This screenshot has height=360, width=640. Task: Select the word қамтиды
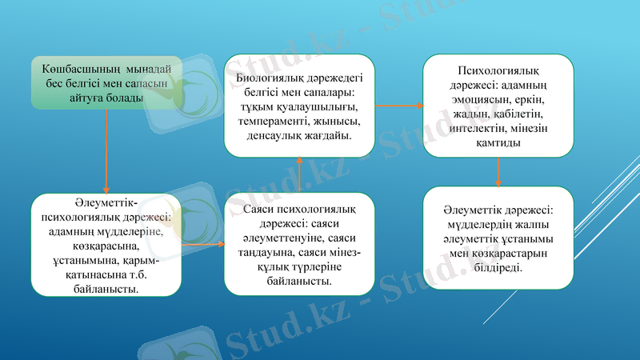click(x=498, y=142)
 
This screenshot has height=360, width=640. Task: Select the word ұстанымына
click(x=84, y=260)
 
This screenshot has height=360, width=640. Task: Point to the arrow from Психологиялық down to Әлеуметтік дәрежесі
click(x=498, y=171)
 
